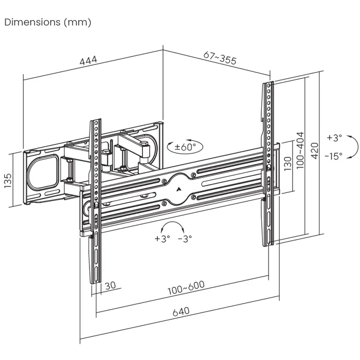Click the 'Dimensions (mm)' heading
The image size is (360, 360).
click(x=48, y=22)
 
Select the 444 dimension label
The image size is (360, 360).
click(x=88, y=61)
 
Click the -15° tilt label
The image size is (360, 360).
click(x=334, y=156)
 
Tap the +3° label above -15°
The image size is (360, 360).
click(x=334, y=138)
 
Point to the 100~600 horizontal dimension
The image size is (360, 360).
click(x=185, y=289)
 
